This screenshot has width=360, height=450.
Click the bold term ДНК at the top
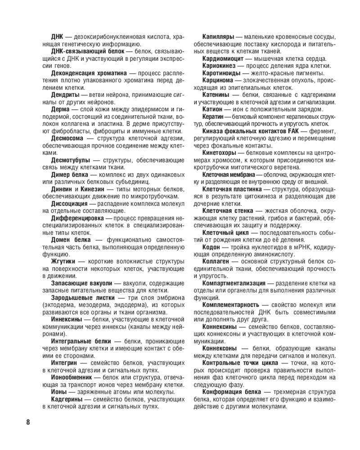pos(57,36)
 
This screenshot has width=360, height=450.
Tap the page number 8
pos(28,422)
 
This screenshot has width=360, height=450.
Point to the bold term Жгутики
pos(63,261)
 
